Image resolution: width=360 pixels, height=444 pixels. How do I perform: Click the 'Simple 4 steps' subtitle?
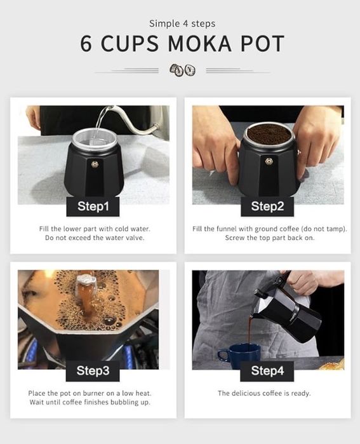tap(182, 24)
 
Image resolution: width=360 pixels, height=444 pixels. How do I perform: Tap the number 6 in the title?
tap(86, 44)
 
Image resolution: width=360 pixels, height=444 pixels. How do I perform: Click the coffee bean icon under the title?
tap(182, 70)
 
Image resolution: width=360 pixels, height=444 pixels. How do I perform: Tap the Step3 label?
tap(93, 370)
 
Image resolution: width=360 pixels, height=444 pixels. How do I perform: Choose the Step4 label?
tap(267, 370)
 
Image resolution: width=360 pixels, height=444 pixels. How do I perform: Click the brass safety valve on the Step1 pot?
tap(95, 164)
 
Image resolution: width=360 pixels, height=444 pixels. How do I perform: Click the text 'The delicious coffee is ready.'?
tap(264, 393)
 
